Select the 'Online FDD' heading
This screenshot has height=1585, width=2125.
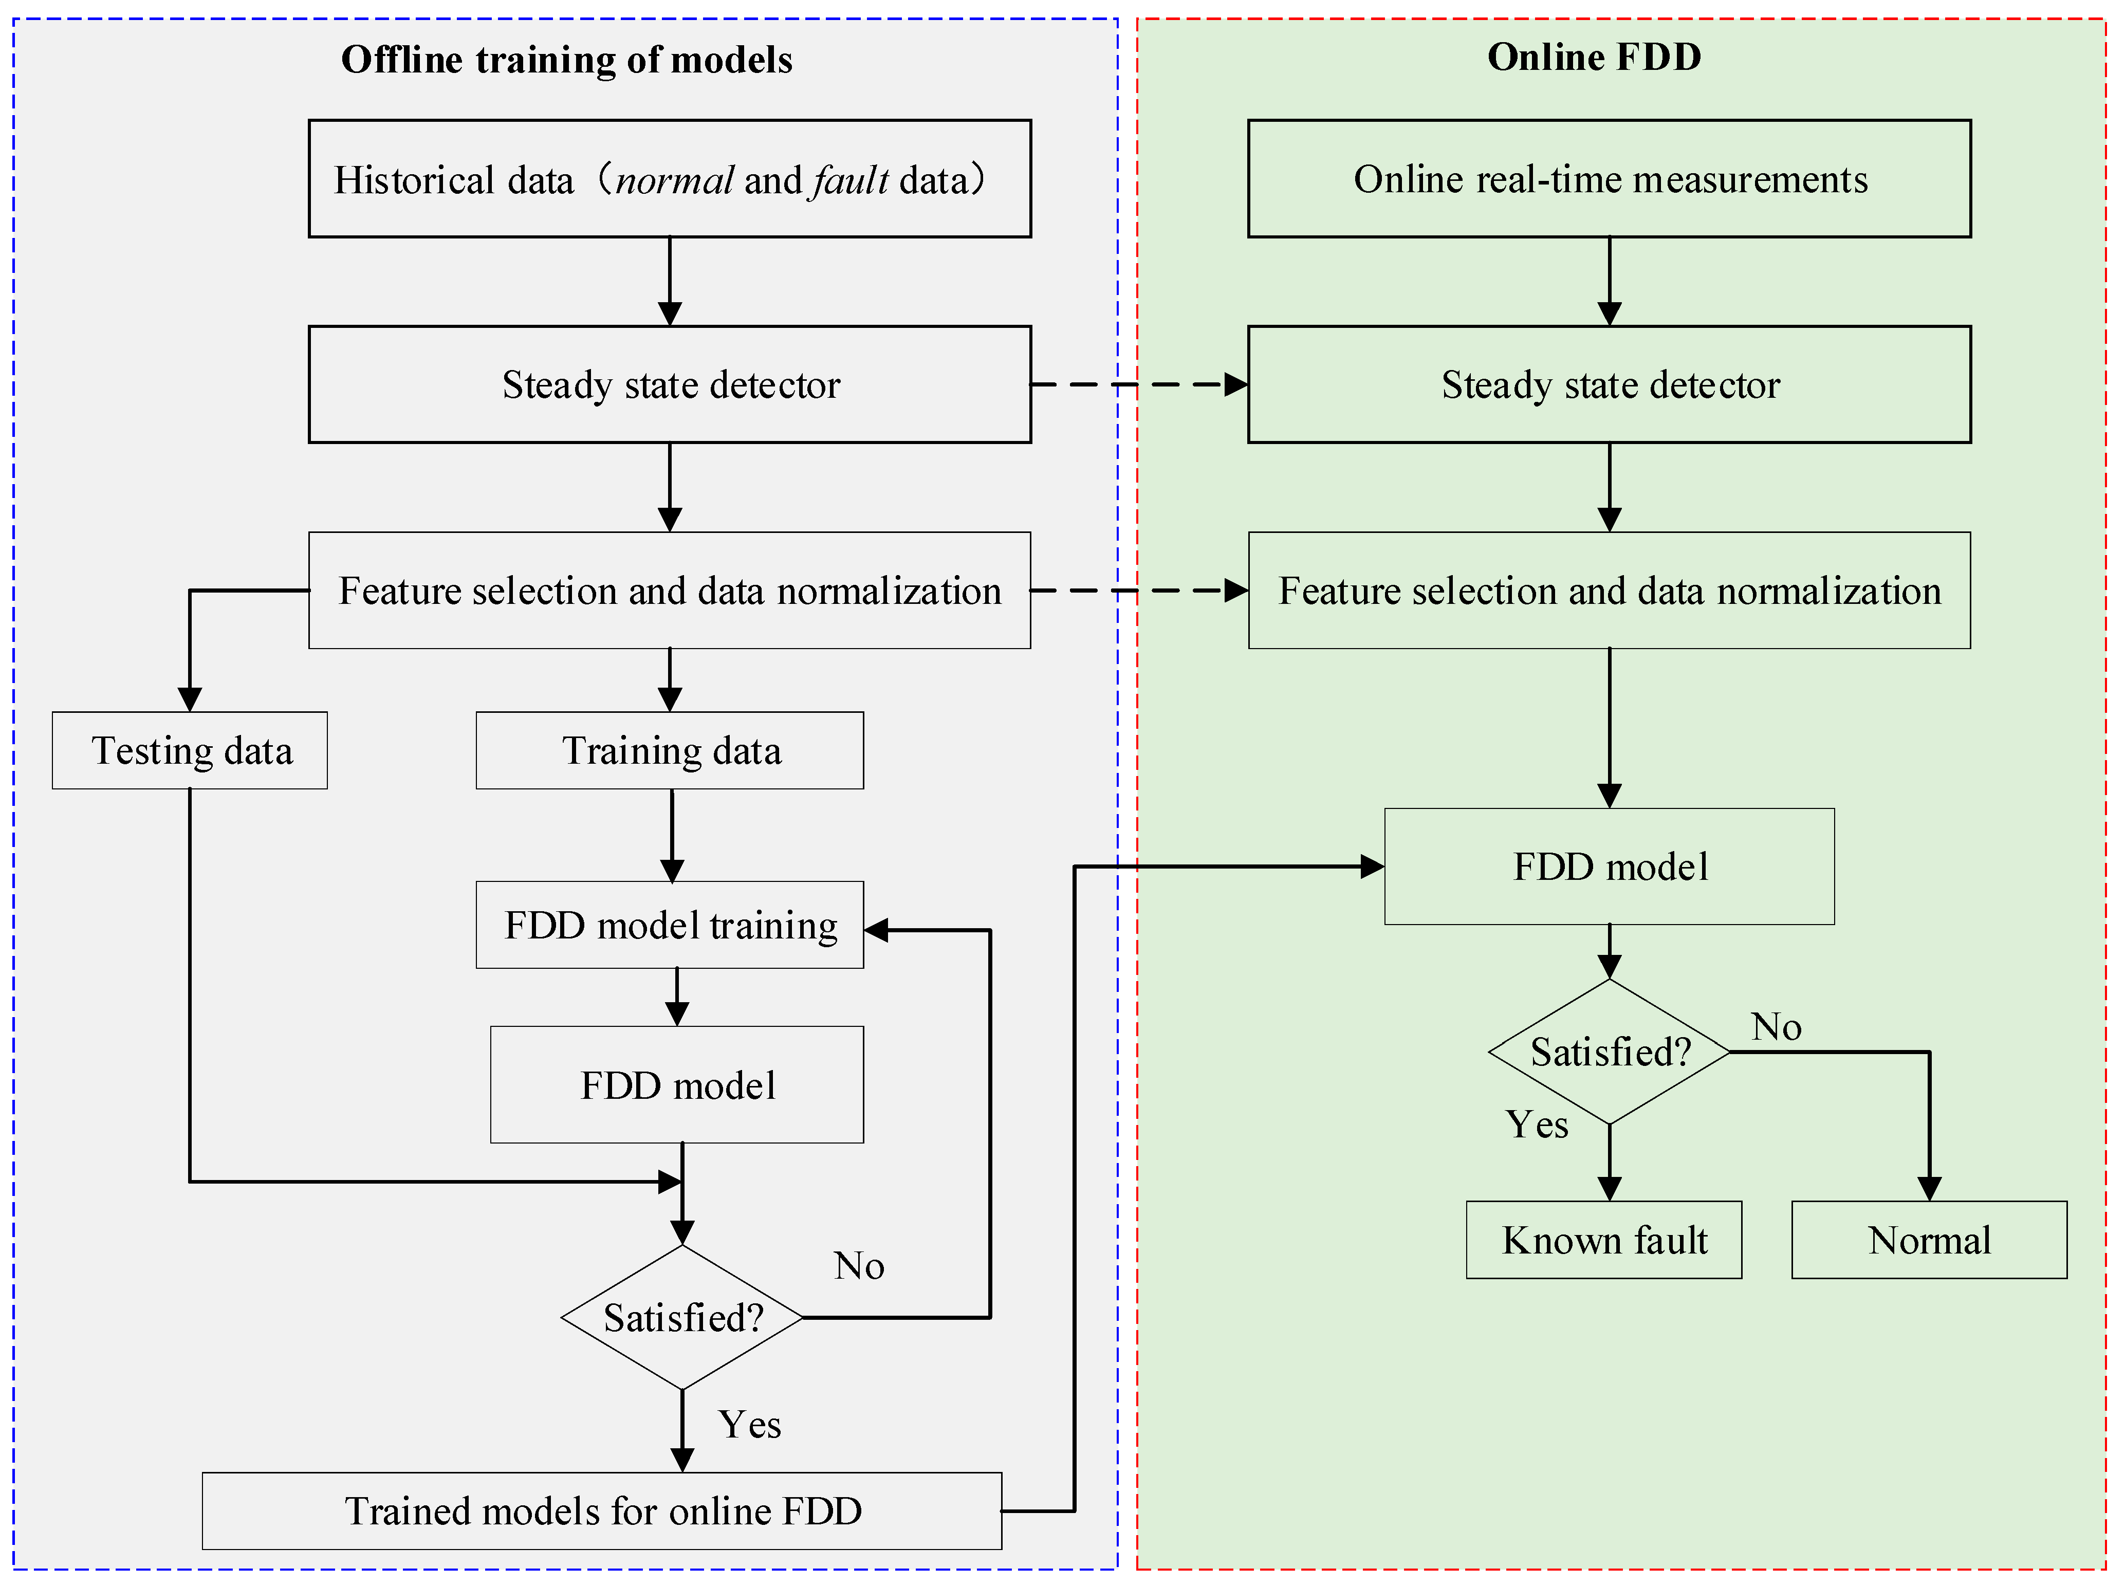click(1594, 57)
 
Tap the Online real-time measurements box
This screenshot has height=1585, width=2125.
click(1609, 178)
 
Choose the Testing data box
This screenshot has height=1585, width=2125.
click(190, 750)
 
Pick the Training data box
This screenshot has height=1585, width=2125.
click(670, 750)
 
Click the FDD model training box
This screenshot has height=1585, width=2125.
click(670, 925)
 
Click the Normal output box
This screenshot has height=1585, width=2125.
click(1928, 1240)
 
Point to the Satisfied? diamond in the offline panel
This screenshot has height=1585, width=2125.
click(682, 1317)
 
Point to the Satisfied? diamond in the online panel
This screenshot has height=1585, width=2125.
click(1609, 1052)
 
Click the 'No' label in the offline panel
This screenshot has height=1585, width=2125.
click(859, 1265)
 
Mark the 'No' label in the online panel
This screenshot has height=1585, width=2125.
click(1776, 1027)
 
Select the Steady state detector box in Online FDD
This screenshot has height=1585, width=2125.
click(1609, 385)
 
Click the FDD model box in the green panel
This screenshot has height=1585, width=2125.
click(1609, 867)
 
